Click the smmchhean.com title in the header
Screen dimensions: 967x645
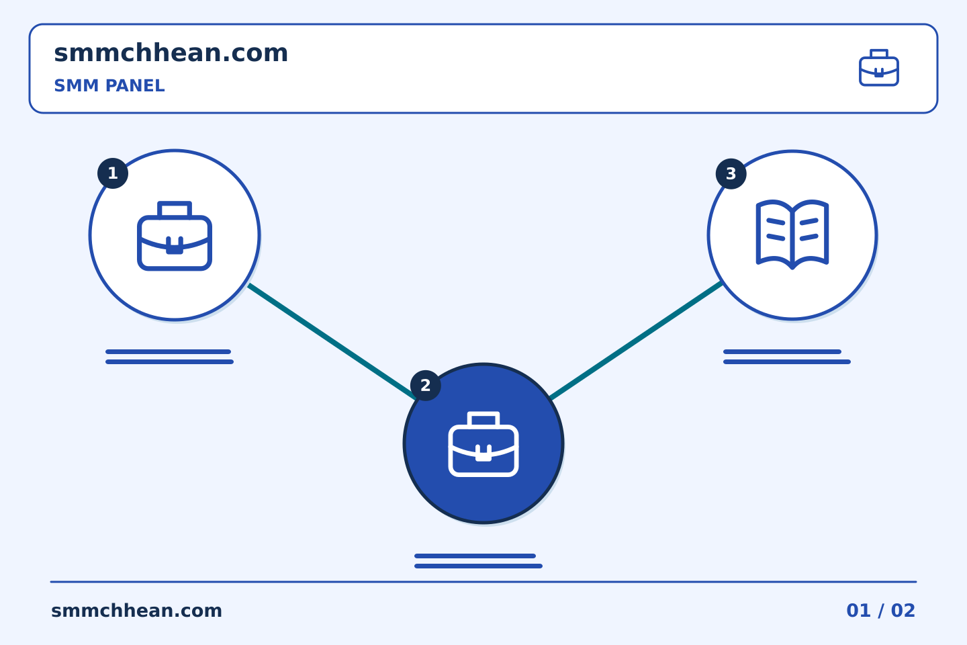(171, 52)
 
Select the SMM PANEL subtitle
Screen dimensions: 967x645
(109, 85)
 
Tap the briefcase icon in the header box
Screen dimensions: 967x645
(879, 67)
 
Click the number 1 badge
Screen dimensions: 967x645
(113, 173)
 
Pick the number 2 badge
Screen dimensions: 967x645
(425, 386)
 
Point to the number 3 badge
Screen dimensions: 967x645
(731, 173)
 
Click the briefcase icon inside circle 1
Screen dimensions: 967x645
(175, 236)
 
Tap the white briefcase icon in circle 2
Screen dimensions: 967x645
(483, 444)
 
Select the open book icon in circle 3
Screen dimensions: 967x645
(792, 234)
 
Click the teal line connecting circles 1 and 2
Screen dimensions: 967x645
(332, 341)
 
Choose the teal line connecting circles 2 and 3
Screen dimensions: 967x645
(636, 341)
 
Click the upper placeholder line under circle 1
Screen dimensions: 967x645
(168, 351)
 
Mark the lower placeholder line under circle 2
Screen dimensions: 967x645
(478, 566)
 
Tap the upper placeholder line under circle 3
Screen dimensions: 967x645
(782, 351)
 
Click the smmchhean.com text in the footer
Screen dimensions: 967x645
(136, 611)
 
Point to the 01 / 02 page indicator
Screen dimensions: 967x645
(880, 611)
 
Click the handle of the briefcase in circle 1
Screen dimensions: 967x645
(175, 209)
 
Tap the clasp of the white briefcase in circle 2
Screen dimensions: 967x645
(483, 454)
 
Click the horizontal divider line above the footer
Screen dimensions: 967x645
(483, 582)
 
